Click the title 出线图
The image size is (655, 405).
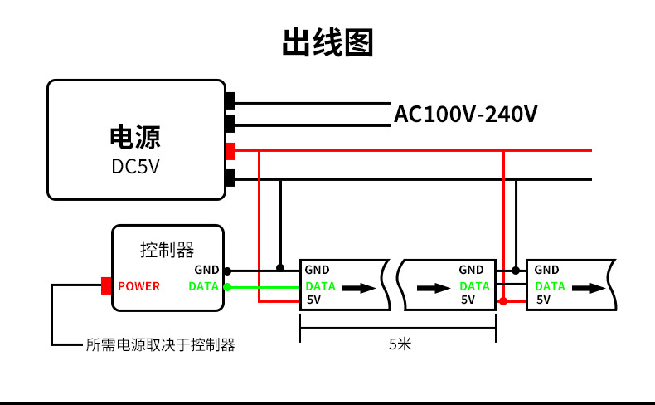327,43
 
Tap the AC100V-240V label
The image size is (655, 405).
465,114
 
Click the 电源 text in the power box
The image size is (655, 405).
135,137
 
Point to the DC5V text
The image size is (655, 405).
135,167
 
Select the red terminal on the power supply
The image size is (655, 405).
230,151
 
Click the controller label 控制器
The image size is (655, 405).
167,249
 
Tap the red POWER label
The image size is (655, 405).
138,286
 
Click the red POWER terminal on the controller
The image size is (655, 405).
106,286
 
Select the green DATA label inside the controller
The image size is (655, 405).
204,286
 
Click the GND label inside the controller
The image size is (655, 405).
206,270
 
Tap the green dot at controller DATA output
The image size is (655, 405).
227,287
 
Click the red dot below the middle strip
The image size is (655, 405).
502,301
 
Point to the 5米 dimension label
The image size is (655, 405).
400,344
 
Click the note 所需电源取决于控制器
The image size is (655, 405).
161,345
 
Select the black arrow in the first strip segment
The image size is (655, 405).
359,288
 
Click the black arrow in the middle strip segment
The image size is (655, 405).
434,288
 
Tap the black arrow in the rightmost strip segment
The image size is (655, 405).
589,288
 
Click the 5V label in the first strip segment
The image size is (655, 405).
313,300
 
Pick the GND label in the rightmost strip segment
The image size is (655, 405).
546,270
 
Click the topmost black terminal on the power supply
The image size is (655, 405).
230,101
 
